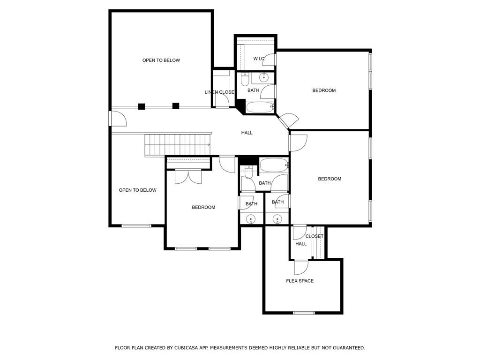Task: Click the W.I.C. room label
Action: [259, 59]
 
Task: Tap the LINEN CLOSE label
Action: [219, 92]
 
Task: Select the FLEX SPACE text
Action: [300, 281]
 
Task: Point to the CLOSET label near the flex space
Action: [315, 236]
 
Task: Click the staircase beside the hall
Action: [178, 144]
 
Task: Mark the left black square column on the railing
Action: [142, 106]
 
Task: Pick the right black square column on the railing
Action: [176, 106]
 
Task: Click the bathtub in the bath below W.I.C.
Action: [259, 107]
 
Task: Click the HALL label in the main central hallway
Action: [247, 133]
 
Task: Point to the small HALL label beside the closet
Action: [301, 244]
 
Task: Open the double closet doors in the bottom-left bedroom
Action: [188, 176]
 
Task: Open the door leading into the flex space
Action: [300, 267]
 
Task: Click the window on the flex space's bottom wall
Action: [304, 313]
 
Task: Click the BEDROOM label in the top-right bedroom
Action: [324, 90]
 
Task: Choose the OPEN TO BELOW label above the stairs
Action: [161, 60]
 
